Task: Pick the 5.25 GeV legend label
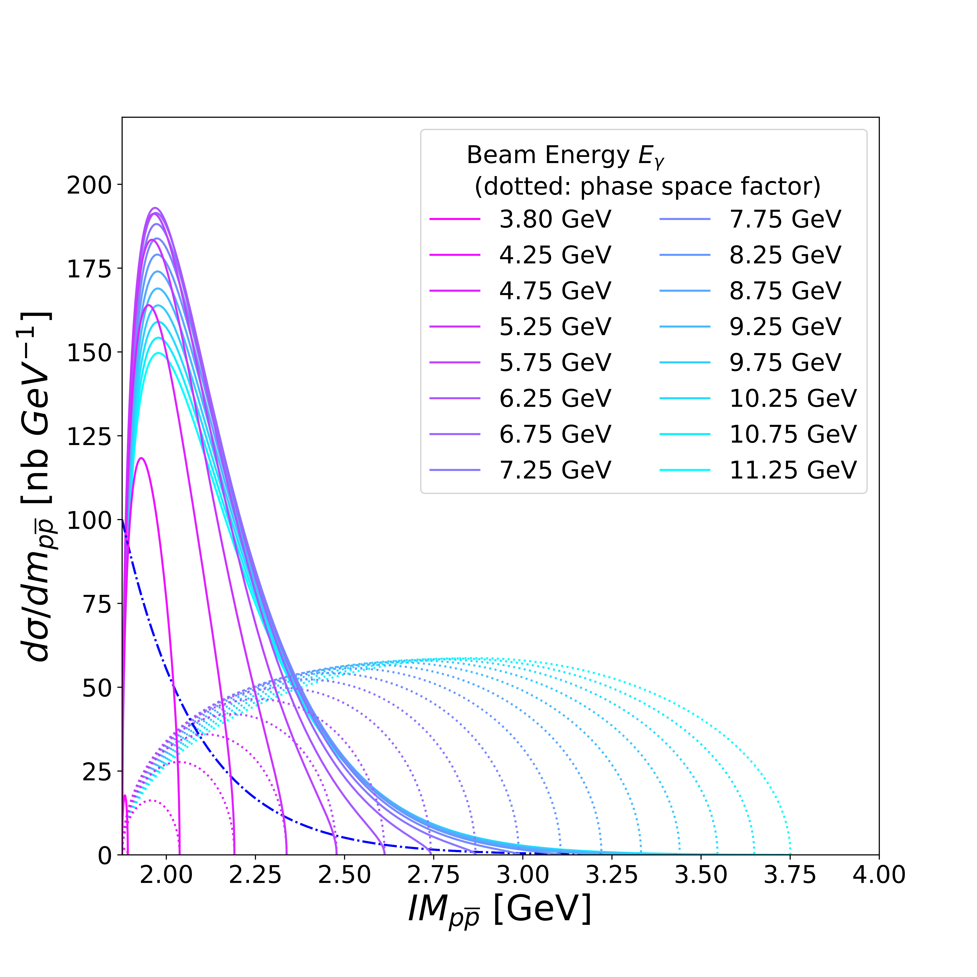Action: click(555, 327)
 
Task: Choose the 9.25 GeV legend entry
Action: click(785, 327)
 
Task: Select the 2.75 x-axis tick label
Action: click(433, 876)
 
